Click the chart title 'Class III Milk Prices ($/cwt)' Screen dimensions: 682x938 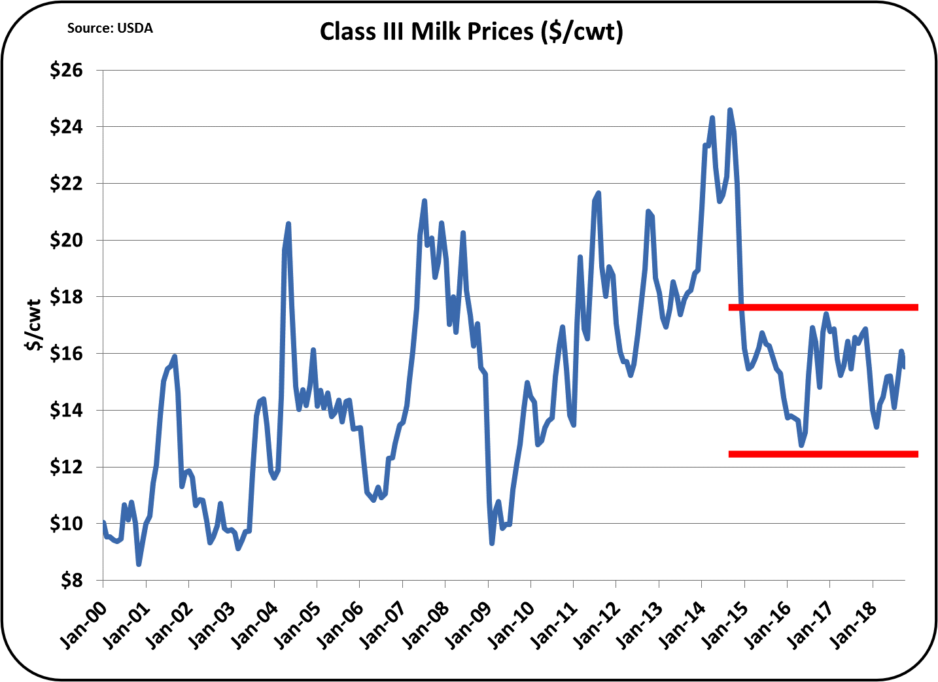click(471, 31)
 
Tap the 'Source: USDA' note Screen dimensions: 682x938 click(110, 28)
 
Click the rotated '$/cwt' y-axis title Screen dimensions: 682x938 click(33, 325)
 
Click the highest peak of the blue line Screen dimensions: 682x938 click(730, 111)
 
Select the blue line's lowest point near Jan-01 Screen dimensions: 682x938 click(139, 564)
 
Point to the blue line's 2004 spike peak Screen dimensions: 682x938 click(288, 224)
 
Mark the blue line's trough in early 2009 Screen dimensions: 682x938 click(492, 543)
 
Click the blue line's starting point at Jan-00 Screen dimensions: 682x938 click(103, 522)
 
